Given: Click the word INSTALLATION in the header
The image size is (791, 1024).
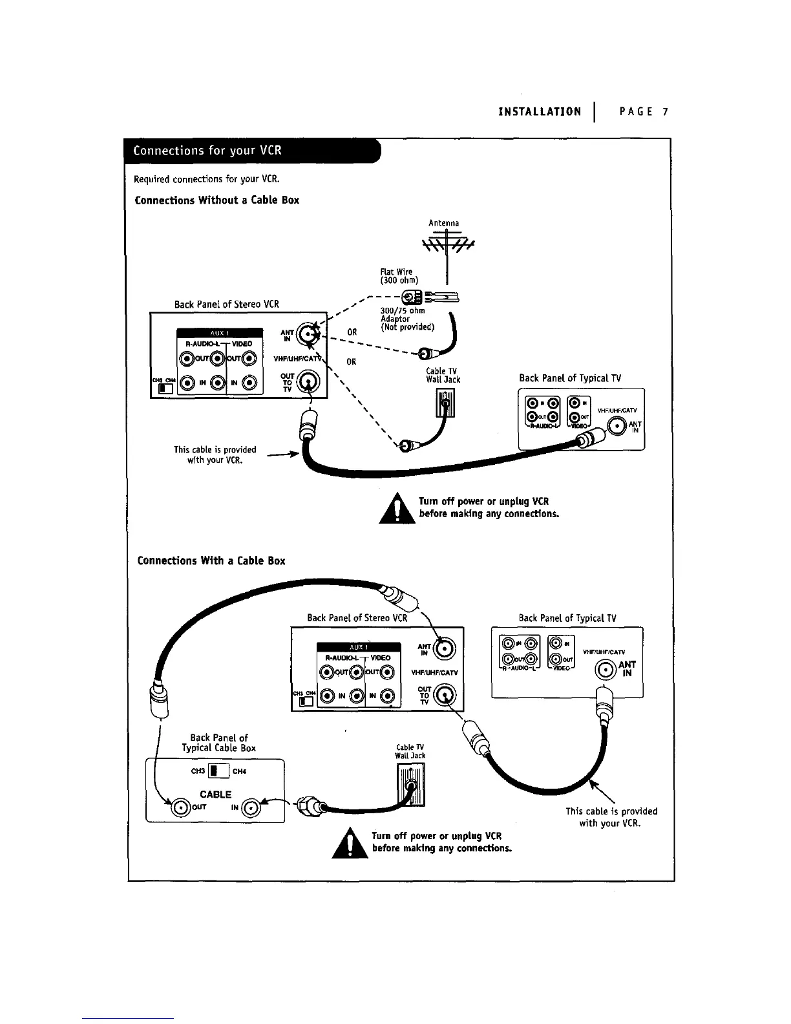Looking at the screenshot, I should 540,112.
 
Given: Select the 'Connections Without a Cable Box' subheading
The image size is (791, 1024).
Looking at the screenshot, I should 216,200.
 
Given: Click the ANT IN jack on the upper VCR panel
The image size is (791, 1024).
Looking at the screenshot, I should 308,334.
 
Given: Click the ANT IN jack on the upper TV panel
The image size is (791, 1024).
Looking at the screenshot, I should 617,426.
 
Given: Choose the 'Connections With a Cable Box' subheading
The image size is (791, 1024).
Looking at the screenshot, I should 211,560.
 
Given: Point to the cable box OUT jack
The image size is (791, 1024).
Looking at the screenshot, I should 180,807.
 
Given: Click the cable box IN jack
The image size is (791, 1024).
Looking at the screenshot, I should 252,807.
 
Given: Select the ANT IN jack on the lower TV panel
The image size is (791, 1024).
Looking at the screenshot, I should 605,669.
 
